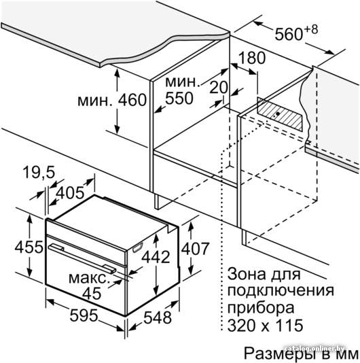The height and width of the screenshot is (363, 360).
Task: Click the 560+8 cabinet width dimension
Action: click(x=296, y=33)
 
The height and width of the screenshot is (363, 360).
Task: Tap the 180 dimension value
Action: click(x=251, y=58)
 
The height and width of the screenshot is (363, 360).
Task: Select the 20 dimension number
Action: click(x=219, y=88)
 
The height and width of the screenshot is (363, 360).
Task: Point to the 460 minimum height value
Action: click(x=132, y=100)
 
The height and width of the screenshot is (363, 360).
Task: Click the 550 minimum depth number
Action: click(x=179, y=98)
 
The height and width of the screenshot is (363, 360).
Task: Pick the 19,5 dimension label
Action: click(x=39, y=172)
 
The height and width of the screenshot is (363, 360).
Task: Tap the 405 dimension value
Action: click(x=70, y=193)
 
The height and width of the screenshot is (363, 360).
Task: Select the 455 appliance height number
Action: click(x=29, y=247)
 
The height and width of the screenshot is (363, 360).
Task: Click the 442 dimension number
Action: click(x=156, y=257)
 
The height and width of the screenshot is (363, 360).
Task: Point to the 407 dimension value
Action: click(x=195, y=249)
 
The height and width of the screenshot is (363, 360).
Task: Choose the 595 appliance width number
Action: click(x=84, y=315)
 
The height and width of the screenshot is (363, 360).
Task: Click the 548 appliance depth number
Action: click(x=158, y=317)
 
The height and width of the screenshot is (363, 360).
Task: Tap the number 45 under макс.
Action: click(x=92, y=294)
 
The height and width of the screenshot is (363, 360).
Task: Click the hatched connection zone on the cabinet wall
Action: click(x=280, y=114)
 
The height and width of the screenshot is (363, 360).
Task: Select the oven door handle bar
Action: click(x=82, y=258)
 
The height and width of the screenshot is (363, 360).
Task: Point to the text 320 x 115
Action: click(x=265, y=325)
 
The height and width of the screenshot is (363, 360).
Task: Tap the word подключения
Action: click(x=281, y=291)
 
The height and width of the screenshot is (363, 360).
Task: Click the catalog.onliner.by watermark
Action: click(x=315, y=349)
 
